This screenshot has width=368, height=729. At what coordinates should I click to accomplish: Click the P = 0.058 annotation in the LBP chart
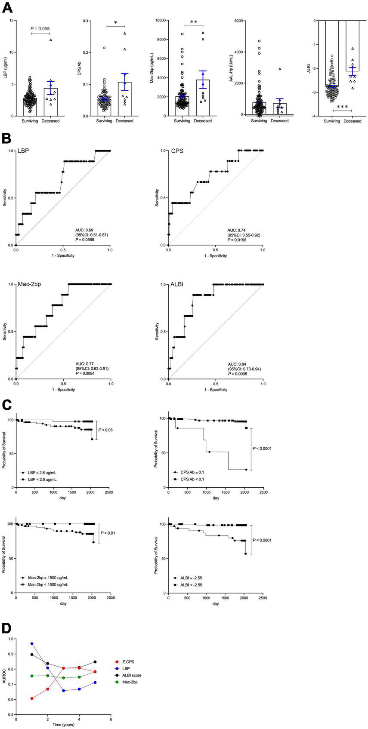coord(40,28)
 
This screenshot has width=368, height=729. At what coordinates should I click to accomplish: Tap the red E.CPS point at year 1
coord(32,698)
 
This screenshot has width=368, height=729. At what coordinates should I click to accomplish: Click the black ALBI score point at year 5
coord(95,661)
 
